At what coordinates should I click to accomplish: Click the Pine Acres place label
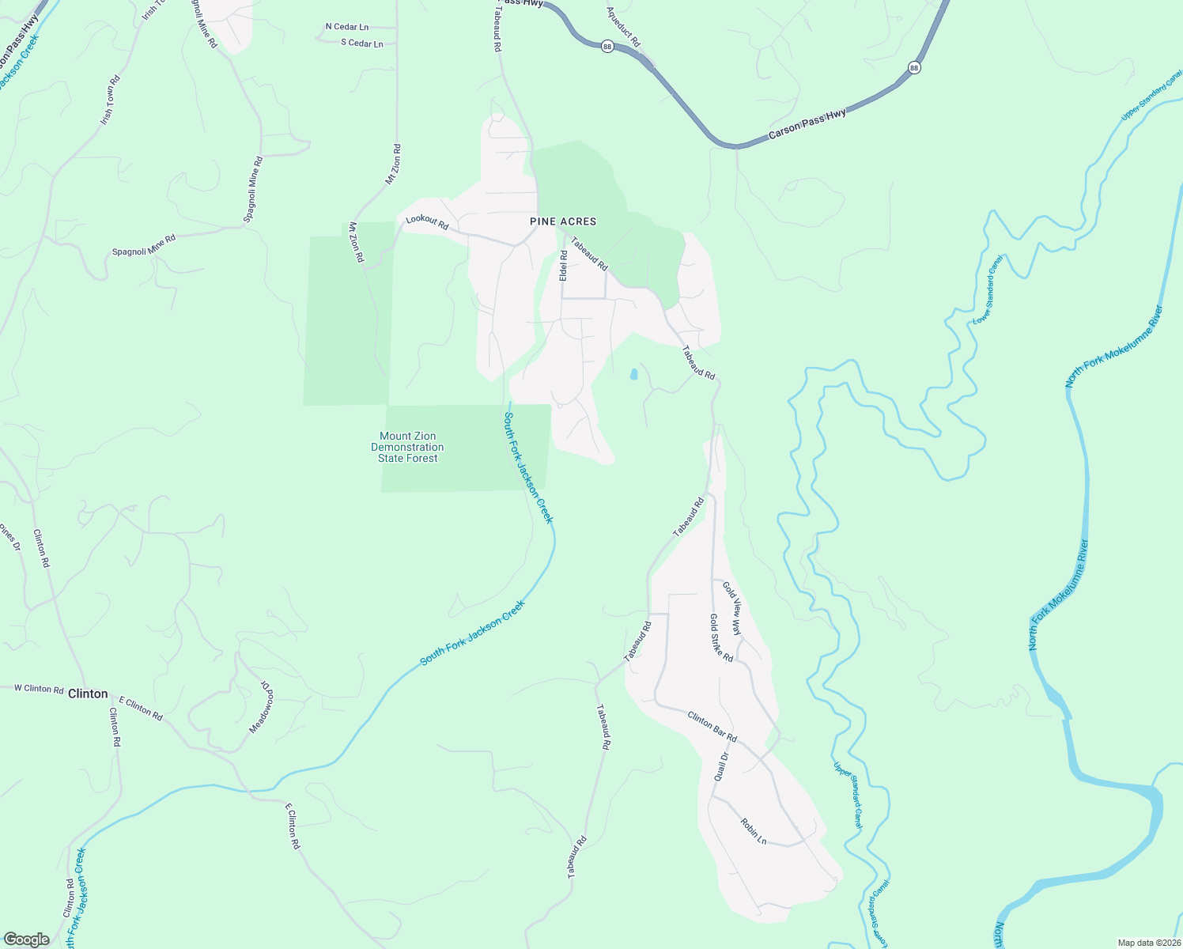click(x=563, y=221)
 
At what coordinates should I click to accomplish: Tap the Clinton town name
click(x=88, y=694)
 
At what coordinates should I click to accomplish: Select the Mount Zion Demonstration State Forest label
click(x=407, y=447)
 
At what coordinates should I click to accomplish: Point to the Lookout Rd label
click(x=427, y=223)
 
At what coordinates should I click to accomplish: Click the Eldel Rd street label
click(x=564, y=266)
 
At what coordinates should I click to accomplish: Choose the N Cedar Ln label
click(x=347, y=27)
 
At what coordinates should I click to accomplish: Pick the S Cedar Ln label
click(x=362, y=43)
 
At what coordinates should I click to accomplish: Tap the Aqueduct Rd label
click(x=623, y=26)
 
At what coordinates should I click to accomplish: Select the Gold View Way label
click(x=732, y=611)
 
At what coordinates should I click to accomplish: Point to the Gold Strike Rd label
click(x=721, y=638)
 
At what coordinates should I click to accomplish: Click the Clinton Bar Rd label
click(x=712, y=727)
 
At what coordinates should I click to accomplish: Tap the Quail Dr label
click(x=721, y=766)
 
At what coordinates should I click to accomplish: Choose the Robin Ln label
click(x=754, y=830)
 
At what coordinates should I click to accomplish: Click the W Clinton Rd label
click(x=39, y=689)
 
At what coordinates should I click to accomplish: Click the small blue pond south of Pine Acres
click(x=633, y=374)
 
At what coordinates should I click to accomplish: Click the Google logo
click(x=26, y=940)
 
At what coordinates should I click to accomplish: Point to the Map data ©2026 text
click(x=1147, y=943)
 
